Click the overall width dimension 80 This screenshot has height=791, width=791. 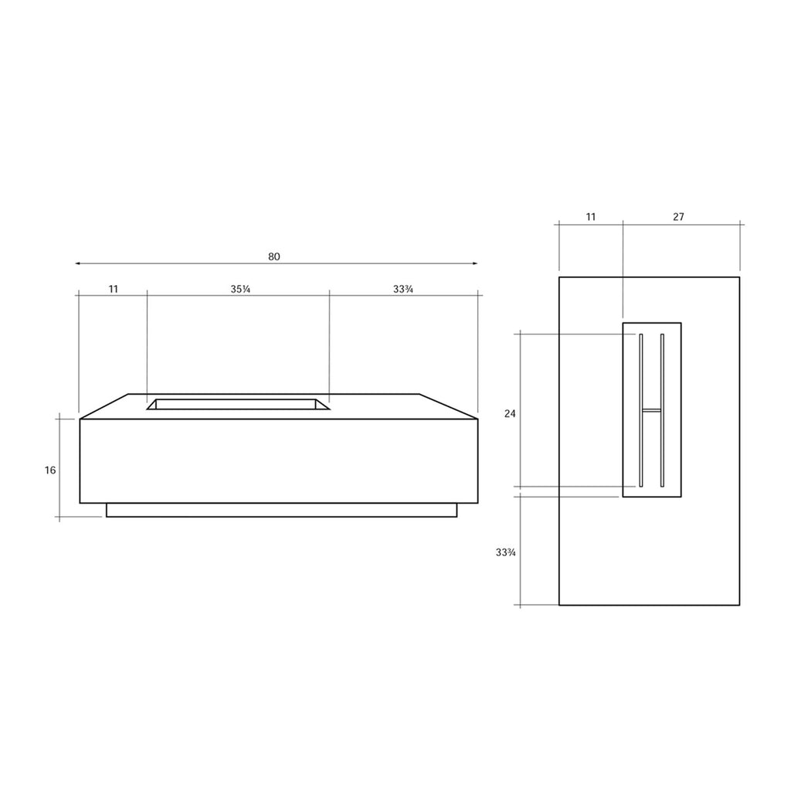274,256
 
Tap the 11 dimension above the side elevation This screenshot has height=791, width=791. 114,289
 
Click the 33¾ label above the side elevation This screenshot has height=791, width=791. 403,289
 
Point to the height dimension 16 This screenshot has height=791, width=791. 50,470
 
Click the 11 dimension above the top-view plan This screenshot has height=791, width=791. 591,217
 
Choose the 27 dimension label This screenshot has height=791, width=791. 678,217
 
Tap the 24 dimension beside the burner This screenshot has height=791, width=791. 510,413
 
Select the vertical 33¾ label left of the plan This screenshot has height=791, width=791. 507,552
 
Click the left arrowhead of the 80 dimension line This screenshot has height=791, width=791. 77,263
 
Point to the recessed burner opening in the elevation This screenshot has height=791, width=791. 238,404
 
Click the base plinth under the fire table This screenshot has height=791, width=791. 281,510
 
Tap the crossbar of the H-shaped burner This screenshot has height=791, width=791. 652,409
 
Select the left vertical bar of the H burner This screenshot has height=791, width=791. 641,410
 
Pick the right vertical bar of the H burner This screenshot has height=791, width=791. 663,410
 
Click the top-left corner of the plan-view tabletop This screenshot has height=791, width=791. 559,277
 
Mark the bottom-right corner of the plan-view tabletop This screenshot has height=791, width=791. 739,605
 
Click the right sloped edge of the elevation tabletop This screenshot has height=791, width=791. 449,406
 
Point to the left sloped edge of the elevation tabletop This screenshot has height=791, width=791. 104,406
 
